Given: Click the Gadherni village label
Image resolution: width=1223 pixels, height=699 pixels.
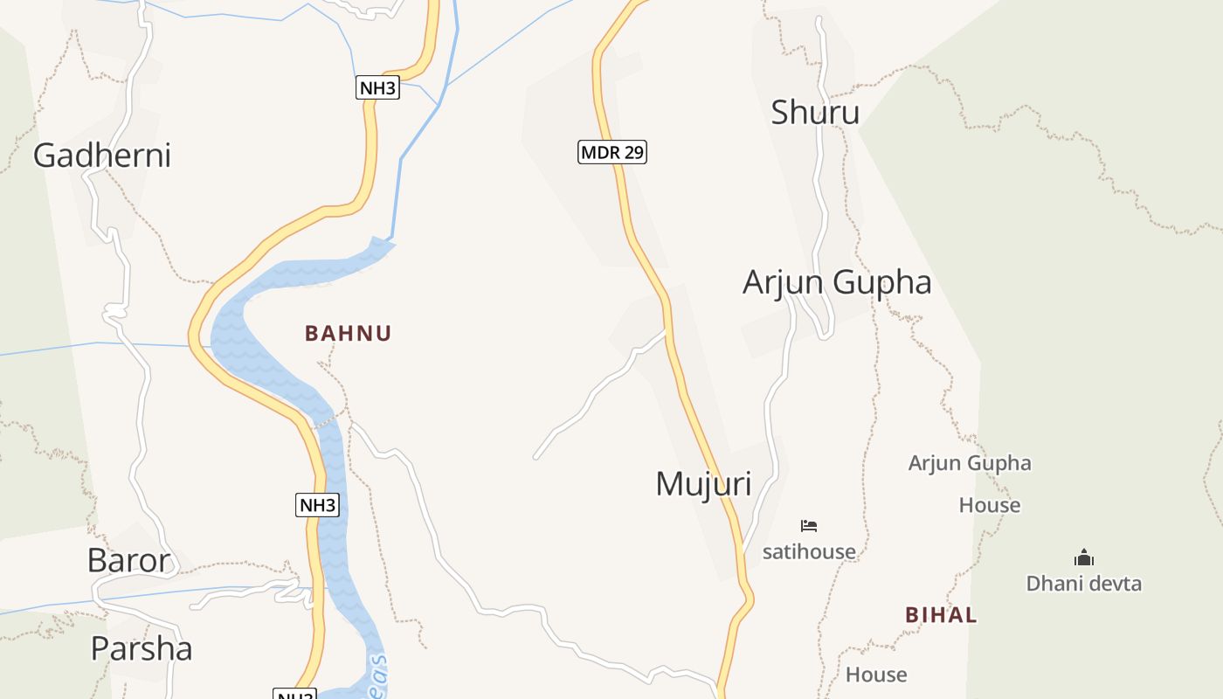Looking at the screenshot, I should pyautogui.click(x=101, y=156).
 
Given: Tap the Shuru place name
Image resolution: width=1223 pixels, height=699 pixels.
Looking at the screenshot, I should pyautogui.click(x=815, y=113).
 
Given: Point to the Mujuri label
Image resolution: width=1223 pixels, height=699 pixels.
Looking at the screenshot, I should pyautogui.click(x=703, y=484).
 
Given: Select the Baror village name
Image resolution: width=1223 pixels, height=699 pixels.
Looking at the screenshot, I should pyautogui.click(x=128, y=560).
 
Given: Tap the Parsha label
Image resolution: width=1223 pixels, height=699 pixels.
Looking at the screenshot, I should pyautogui.click(x=142, y=648).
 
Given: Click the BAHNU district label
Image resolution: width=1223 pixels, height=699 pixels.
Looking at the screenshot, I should pyautogui.click(x=348, y=333).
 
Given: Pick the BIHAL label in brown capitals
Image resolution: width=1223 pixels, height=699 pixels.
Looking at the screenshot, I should pyautogui.click(x=941, y=615).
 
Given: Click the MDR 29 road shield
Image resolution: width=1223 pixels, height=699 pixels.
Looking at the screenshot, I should pyautogui.click(x=612, y=152).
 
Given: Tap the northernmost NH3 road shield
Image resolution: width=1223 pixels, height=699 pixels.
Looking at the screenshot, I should pyautogui.click(x=378, y=87).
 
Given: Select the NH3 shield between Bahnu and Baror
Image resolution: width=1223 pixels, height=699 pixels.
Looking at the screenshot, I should pyautogui.click(x=317, y=505).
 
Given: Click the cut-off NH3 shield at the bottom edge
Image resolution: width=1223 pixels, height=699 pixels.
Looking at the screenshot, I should pyautogui.click(x=294, y=695).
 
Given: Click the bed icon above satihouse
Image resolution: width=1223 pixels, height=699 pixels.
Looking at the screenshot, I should pyautogui.click(x=809, y=526).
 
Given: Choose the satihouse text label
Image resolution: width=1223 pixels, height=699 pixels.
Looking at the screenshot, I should pyautogui.click(x=809, y=551).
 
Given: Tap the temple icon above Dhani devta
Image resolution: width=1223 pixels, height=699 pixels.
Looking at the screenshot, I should pyautogui.click(x=1084, y=557).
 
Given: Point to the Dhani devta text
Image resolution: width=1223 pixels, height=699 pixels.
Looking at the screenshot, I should pyautogui.click(x=1083, y=583).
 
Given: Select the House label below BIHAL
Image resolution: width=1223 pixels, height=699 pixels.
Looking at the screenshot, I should pyautogui.click(x=876, y=675).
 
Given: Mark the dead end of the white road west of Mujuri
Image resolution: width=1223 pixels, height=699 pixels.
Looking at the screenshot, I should pyautogui.click(x=535, y=457).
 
